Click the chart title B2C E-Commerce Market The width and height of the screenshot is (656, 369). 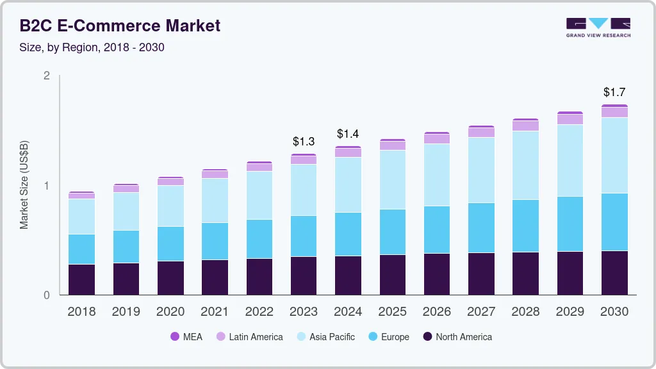point(120,26)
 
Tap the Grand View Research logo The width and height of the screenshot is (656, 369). point(598,27)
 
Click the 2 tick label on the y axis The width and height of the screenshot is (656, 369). point(46,76)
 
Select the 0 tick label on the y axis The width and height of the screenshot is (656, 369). point(46,295)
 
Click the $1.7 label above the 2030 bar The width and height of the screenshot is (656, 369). point(614,92)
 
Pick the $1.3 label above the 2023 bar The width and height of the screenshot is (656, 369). point(304,141)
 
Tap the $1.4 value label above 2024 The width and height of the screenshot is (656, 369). point(348,134)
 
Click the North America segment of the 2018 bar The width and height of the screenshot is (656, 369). point(82,279)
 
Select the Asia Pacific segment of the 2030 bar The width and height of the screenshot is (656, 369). point(614,155)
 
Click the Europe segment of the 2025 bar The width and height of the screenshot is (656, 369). point(392,232)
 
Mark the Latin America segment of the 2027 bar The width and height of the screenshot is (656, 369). point(481,132)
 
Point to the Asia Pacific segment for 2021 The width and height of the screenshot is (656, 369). point(215,201)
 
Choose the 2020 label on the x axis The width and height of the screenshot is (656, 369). point(170,312)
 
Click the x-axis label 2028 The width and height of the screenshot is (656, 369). point(525,312)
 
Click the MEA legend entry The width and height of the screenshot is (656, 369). point(186,336)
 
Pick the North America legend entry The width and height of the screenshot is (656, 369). point(457,336)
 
